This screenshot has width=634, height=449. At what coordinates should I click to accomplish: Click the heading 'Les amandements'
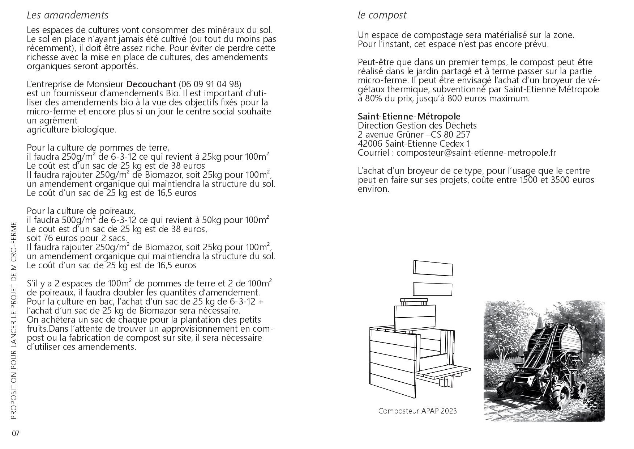tap(68, 15)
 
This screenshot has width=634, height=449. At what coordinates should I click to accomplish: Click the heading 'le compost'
tap(382, 15)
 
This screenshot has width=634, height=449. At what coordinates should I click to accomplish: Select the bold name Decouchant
tap(151, 84)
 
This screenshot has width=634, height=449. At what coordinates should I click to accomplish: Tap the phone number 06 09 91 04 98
tap(210, 84)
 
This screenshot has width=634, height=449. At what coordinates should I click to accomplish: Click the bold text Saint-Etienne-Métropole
tap(409, 116)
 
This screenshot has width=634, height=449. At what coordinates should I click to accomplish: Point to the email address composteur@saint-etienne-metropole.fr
tap(476, 152)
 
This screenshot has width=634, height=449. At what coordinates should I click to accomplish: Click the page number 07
tap(16, 433)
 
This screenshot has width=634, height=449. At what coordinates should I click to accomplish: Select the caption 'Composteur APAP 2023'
tap(417, 411)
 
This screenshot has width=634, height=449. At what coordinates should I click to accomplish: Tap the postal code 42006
tap(370, 143)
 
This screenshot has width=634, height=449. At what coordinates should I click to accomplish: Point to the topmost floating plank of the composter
tap(433, 268)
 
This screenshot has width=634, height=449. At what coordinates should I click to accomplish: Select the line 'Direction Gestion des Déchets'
tap(417, 125)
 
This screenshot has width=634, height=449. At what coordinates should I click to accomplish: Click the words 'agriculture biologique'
tap(72, 130)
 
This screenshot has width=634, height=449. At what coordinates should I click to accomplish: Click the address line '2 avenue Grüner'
tap(391, 134)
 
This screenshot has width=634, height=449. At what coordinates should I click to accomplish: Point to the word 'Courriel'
tap(372, 152)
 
